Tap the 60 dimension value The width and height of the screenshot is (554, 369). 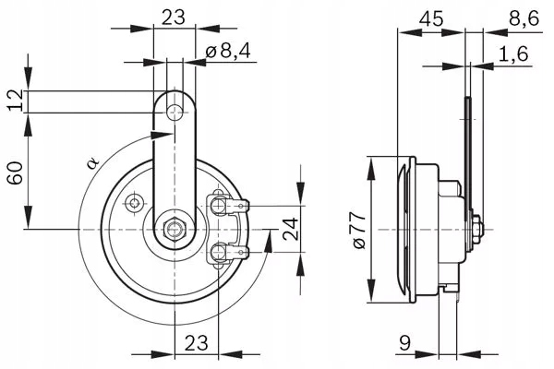(x=15, y=172)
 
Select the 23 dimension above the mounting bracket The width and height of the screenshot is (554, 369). (x=173, y=16)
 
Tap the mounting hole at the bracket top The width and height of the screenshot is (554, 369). (x=173, y=112)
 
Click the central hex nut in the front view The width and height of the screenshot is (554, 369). (x=173, y=229)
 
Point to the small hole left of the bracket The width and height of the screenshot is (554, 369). (x=135, y=202)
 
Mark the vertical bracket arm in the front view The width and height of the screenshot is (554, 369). (x=173, y=166)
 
